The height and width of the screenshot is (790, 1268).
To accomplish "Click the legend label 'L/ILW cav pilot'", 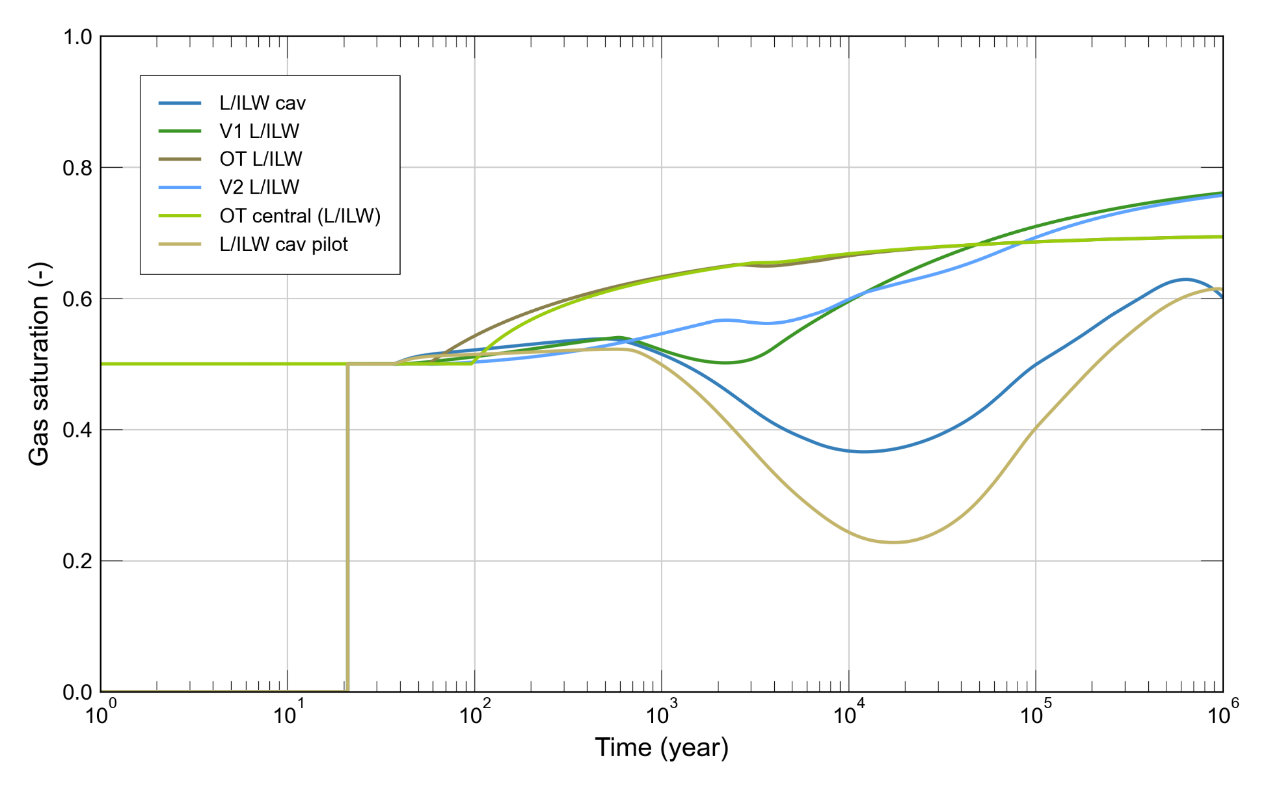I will pos(283,244).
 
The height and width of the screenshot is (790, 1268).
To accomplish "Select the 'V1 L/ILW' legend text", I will pos(259,131).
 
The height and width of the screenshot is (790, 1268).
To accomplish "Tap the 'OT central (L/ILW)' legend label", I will pos(299,216).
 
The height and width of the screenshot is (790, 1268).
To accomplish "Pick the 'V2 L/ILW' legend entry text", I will pos(259,187).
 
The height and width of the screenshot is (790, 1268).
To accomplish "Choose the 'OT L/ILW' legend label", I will pos(260,159).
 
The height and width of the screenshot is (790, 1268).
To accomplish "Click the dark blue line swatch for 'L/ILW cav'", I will pos(180,103).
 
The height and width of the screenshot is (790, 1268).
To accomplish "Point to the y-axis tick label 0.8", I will pos(77,168).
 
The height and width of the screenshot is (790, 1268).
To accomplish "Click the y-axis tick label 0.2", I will pos(77,561).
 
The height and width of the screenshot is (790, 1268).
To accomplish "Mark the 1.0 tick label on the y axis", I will pos(77,37).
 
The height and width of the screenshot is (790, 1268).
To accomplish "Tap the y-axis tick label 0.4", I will pos(77,430).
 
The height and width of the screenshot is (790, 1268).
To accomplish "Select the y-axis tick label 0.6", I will pos(77,299).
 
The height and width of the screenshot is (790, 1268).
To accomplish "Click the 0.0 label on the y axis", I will pos(77,692).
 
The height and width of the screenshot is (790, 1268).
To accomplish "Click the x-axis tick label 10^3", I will pos(661,714).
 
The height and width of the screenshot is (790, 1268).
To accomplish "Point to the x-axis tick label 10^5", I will pos(1035,714).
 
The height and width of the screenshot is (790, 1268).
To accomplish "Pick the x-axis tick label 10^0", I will pos(100,714).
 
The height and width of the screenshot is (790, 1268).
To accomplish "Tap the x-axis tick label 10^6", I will pos(1222,714).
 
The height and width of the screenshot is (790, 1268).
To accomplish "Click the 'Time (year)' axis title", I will pos(661,748).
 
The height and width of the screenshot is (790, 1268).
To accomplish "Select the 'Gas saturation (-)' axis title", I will pos(39,364).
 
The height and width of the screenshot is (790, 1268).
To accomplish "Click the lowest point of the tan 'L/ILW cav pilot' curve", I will pos(895,542).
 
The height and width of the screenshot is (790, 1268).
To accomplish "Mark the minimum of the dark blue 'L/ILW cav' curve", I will pos(863,451).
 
